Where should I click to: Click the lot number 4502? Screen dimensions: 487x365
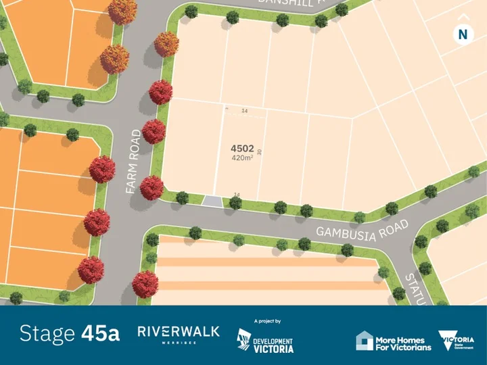point(242,148)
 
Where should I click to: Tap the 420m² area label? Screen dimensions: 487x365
point(241,158)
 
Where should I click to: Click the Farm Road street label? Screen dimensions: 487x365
point(133,162)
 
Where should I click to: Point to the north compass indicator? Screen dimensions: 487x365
point(463,32)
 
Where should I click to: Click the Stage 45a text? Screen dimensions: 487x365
point(70,333)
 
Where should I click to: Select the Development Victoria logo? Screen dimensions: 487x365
point(265,341)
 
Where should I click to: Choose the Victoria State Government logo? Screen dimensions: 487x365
point(457,341)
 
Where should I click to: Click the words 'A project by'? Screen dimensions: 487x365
point(267,321)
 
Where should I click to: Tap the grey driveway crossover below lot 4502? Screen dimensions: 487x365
point(212,201)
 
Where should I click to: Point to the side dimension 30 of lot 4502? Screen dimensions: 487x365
point(259,153)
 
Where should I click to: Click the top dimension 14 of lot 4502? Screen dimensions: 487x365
point(244,110)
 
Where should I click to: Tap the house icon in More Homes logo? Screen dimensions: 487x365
point(365,341)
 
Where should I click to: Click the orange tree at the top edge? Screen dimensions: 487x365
point(122,10)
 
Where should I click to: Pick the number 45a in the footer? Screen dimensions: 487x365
point(101,333)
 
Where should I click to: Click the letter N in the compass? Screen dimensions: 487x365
point(463,34)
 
